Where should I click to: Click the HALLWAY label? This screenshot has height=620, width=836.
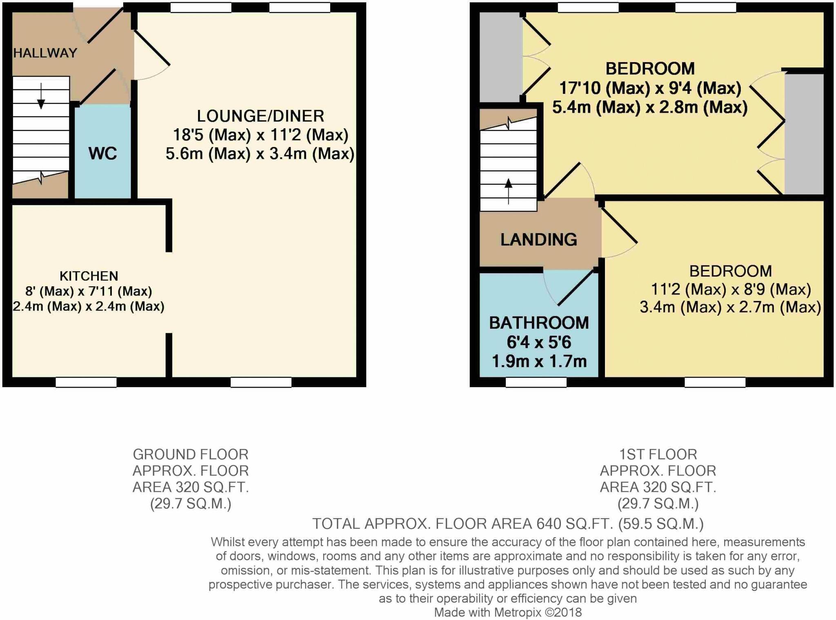click(x=45, y=53)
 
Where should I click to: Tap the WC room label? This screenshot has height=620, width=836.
click(x=102, y=154)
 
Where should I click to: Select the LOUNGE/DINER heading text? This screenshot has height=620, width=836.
click(x=260, y=116)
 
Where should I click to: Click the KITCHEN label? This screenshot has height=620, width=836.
click(x=89, y=276)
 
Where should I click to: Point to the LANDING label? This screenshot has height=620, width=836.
click(x=538, y=240)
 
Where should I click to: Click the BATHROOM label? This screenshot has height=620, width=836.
click(x=539, y=323)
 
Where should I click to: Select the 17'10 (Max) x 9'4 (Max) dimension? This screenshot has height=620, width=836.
click(x=650, y=88)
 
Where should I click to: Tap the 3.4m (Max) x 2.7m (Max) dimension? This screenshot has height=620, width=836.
click(x=730, y=307)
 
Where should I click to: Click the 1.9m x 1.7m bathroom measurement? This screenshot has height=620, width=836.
click(x=539, y=361)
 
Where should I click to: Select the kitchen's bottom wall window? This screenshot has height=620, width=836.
click(x=86, y=382)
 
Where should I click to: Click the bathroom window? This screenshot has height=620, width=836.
click(x=536, y=382)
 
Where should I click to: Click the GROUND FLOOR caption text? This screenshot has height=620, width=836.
click(x=190, y=455)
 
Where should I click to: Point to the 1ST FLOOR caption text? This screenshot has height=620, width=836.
click(x=658, y=455)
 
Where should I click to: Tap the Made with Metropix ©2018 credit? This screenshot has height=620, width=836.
click(x=507, y=612)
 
